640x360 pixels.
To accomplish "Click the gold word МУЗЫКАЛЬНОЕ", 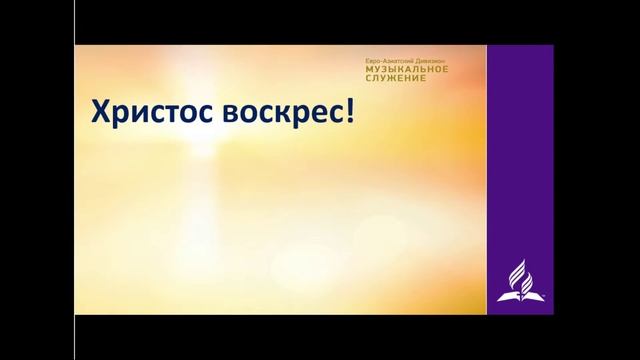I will [x=408, y=71].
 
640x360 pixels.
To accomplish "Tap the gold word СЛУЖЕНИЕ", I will [x=396, y=81].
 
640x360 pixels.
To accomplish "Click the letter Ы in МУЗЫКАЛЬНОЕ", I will [x=395, y=71].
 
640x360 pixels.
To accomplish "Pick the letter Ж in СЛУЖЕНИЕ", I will [x=393, y=81].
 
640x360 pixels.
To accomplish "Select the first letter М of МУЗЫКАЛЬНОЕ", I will [x=369, y=71].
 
